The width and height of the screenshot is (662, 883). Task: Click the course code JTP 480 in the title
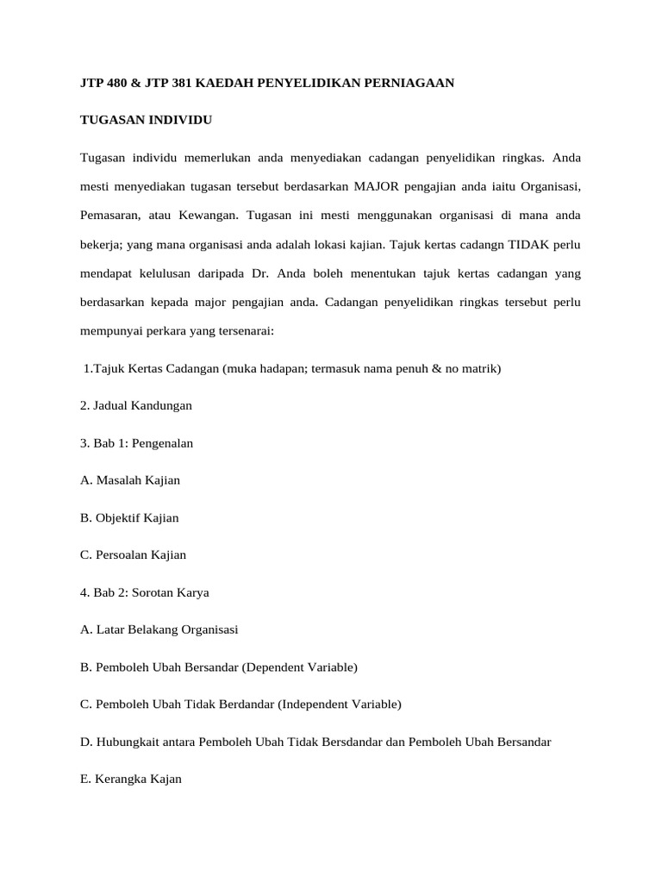(x=102, y=84)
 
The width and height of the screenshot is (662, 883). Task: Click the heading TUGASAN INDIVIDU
(x=146, y=121)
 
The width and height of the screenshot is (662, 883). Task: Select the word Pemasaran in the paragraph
(x=111, y=216)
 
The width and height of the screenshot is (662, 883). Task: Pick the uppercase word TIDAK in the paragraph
(x=527, y=245)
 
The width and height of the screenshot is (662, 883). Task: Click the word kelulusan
(x=165, y=274)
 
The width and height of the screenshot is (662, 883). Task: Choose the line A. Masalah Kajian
(x=129, y=479)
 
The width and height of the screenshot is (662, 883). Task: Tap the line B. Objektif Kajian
(x=129, y=517)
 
